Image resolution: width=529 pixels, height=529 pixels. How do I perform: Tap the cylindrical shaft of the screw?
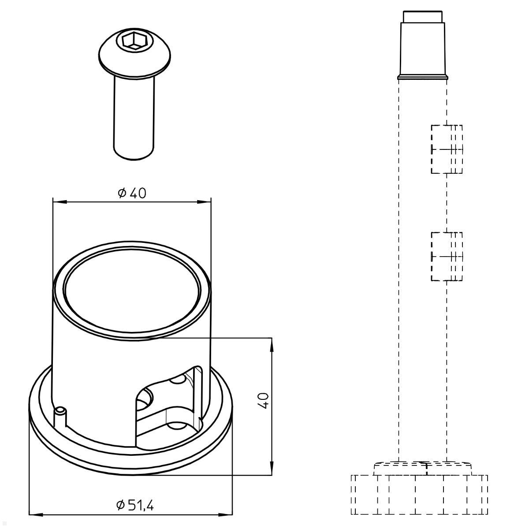pos(134,115)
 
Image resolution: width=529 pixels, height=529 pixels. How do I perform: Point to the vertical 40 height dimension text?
pos(263,401)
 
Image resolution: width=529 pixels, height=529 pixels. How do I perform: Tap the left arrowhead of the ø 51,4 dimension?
pos(35,514)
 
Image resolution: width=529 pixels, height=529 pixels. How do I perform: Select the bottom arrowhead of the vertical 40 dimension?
pos(272,468)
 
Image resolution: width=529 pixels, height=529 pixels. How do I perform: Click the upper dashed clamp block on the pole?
pos(447,149)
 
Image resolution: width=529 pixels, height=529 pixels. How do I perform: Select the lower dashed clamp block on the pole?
pos(447,256)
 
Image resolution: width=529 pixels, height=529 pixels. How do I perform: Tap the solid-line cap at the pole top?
pos(423,51)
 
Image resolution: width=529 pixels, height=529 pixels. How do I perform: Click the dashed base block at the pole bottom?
pos(419,494)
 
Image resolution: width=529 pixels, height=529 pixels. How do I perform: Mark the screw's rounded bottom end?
pos(134,155)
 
